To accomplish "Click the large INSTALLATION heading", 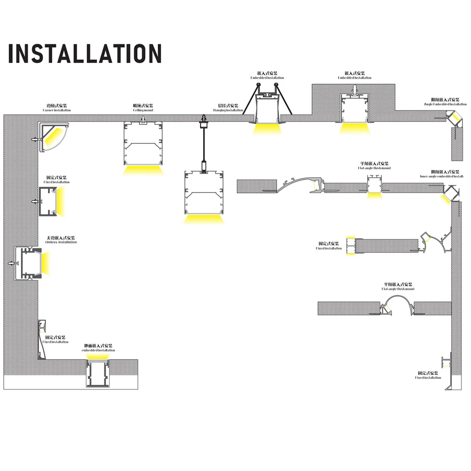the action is pos(85,54).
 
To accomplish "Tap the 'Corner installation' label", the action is pos(57,110).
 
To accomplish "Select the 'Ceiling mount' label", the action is pos(143,110).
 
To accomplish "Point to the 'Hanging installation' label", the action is pos(228,110).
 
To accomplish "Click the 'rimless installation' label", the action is pos(61,242).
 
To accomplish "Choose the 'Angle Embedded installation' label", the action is pos(445,104).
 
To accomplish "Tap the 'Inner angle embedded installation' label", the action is pos(441,176).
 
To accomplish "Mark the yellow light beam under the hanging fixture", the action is pos(204,219).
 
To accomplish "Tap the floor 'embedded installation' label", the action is pos(98,350).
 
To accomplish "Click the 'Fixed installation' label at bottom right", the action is pos(428,378).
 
